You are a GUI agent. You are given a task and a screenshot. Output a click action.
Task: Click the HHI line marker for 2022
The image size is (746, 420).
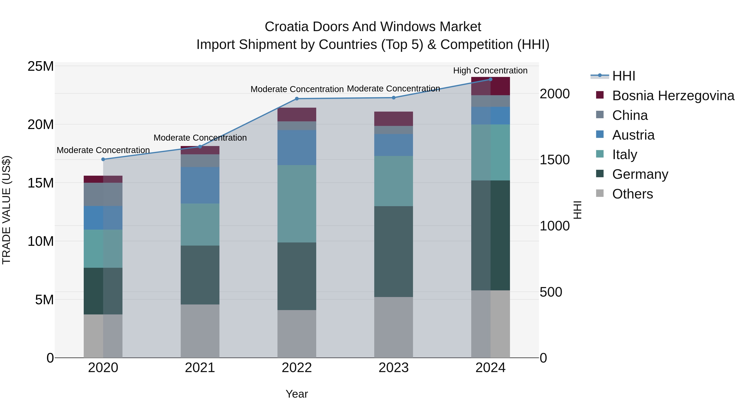coord(297,99)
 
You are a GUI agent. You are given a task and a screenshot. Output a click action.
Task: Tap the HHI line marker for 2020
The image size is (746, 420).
coord(103,159)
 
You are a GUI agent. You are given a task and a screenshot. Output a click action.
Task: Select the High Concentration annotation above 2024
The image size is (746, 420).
coord(490,71)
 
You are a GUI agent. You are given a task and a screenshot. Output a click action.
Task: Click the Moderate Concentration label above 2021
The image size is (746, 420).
coord(200,138)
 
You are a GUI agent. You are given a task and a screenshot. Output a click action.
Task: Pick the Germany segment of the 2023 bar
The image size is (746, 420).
coord(393,251)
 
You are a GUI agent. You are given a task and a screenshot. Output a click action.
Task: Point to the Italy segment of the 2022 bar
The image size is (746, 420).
coord(297,203)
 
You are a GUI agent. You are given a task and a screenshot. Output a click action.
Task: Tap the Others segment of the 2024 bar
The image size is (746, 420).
coord(490,324)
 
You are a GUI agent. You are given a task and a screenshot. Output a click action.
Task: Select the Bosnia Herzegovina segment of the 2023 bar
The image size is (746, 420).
coord(393,119)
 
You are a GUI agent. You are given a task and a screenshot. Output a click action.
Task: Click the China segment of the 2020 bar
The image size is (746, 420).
coord(103,194)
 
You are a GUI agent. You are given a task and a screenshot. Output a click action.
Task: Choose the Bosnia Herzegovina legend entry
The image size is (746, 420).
coord(673,96)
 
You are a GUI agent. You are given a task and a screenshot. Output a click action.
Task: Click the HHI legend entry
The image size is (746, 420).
coord(624,76)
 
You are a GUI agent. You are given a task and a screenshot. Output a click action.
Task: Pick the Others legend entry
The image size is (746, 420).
coord(632,194)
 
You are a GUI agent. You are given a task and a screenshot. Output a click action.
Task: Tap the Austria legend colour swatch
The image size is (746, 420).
coord(600,134)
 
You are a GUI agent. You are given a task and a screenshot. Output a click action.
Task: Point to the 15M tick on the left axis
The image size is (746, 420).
coord(41,183)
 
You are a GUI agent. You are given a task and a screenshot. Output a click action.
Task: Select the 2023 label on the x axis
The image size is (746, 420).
coord(393,368)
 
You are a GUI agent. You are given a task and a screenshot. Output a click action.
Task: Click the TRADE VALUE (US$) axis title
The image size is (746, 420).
coord(6,210)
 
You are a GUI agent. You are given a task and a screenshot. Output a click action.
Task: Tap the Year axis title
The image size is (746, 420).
coord(297,394)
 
